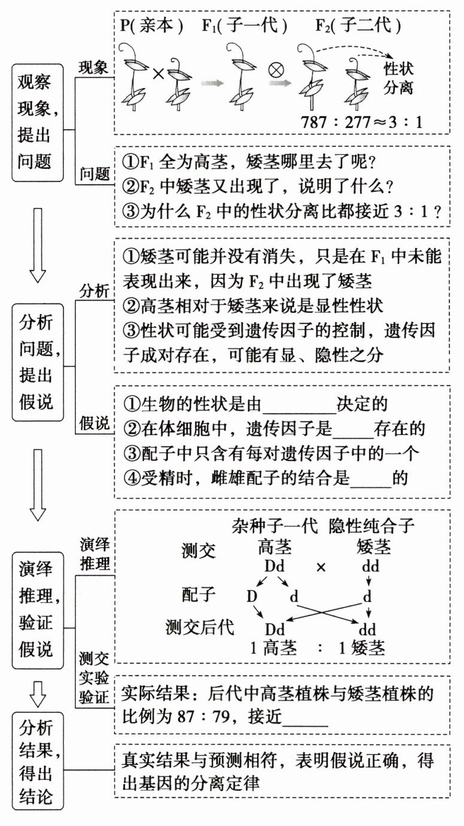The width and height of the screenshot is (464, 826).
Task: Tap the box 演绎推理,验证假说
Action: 38,611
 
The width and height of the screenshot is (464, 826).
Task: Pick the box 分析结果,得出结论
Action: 38,762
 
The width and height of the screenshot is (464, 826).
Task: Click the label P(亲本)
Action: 152,27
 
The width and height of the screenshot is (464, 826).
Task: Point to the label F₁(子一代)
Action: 245,27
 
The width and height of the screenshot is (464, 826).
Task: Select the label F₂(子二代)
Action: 358,27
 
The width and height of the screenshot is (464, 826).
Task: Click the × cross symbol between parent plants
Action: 158,74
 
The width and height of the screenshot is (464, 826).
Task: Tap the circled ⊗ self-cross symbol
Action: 276,69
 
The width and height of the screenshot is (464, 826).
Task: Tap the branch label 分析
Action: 94,291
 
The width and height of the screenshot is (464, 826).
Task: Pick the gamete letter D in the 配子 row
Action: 251,596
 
